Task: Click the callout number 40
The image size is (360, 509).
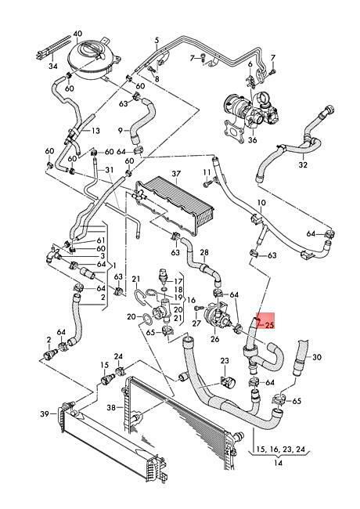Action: click(77, 34)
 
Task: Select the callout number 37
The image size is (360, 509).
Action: click(176, 174)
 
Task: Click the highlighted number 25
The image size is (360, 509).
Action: click(269, 325)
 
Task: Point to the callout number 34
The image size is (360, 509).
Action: click(53, 67)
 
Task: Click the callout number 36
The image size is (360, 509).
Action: click(252, 140)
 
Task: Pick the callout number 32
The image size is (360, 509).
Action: click(303, 165)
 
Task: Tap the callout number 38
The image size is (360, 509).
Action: click(111, 408)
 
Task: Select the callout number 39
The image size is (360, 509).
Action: click(45, 414)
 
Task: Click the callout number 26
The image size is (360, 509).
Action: click(214, 339)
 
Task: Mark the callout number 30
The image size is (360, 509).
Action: click(317, 357)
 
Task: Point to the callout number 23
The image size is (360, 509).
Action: click(225, 361)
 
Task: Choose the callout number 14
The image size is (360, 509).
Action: click(279, 463)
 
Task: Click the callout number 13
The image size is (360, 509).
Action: click(95, 131)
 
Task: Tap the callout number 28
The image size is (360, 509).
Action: click(204, 252)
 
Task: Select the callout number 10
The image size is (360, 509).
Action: click(261, 203)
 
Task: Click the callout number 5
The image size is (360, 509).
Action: click(157, 41)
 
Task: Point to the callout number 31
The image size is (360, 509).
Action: click(110, 170)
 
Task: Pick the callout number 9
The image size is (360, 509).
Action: click(120, 131)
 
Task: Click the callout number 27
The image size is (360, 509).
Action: click(196, 323)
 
